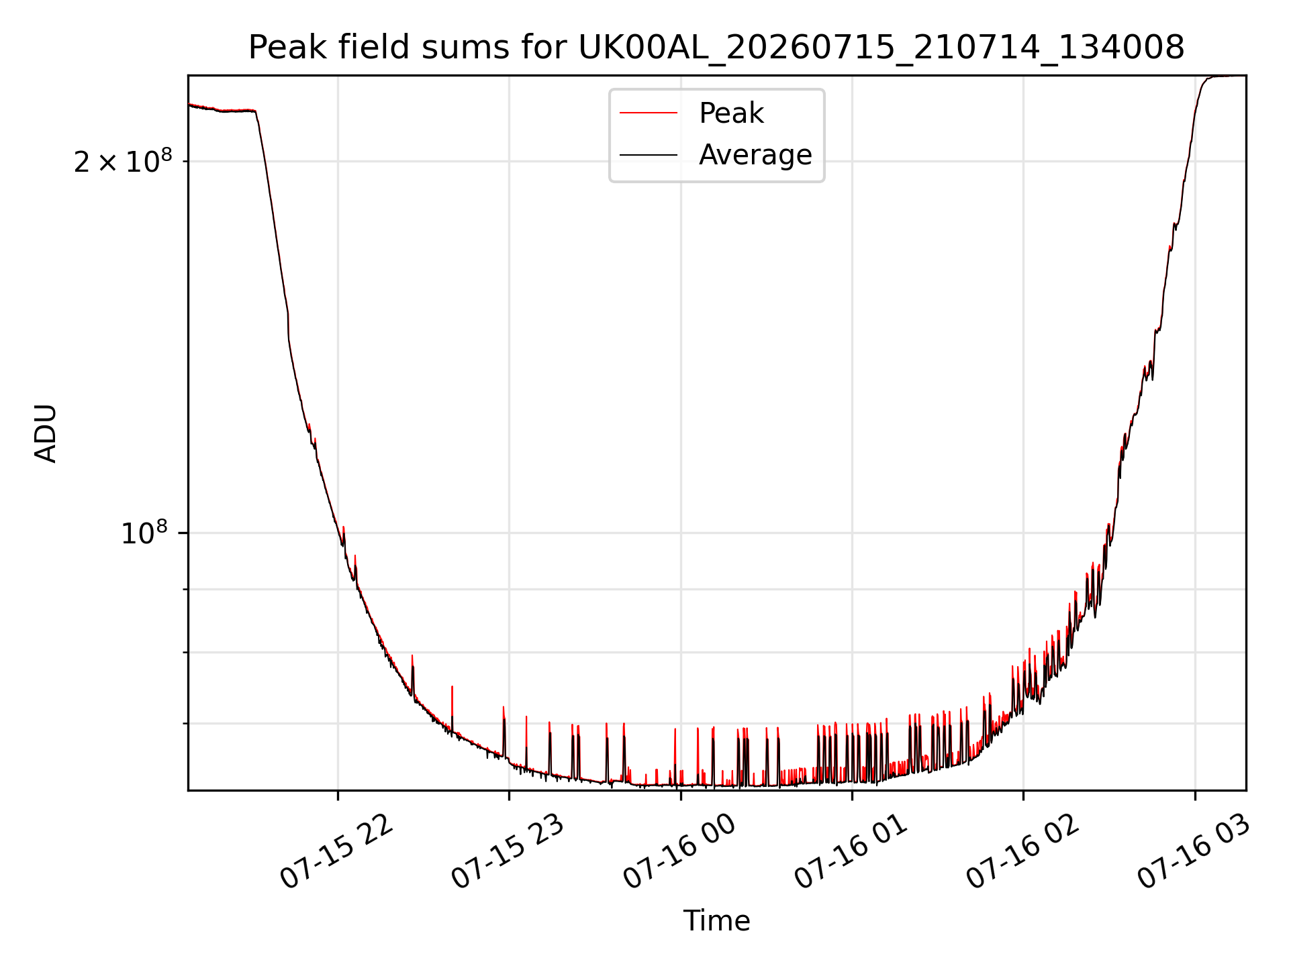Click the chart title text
coord(716,48)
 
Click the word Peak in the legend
coord(731,113)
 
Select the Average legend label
coord(755,155)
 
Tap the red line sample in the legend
coord(649,113)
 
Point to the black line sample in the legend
coord(649,155)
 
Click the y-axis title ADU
coord(46,433)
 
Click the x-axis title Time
coord(716,921)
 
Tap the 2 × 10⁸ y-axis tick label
coord(123,161)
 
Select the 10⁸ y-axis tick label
coord(144,533)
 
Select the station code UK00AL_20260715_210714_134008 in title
coord(881,48)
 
